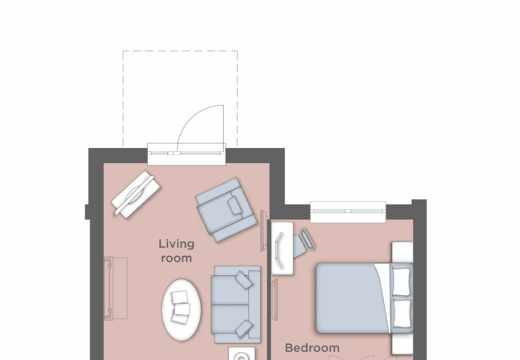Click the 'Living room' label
175,251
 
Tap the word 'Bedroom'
312,348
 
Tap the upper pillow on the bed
402,280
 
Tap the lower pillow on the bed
402,312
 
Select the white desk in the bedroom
282,249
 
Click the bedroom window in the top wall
347,211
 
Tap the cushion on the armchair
235,206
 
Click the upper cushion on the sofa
242,280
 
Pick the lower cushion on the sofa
243,327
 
